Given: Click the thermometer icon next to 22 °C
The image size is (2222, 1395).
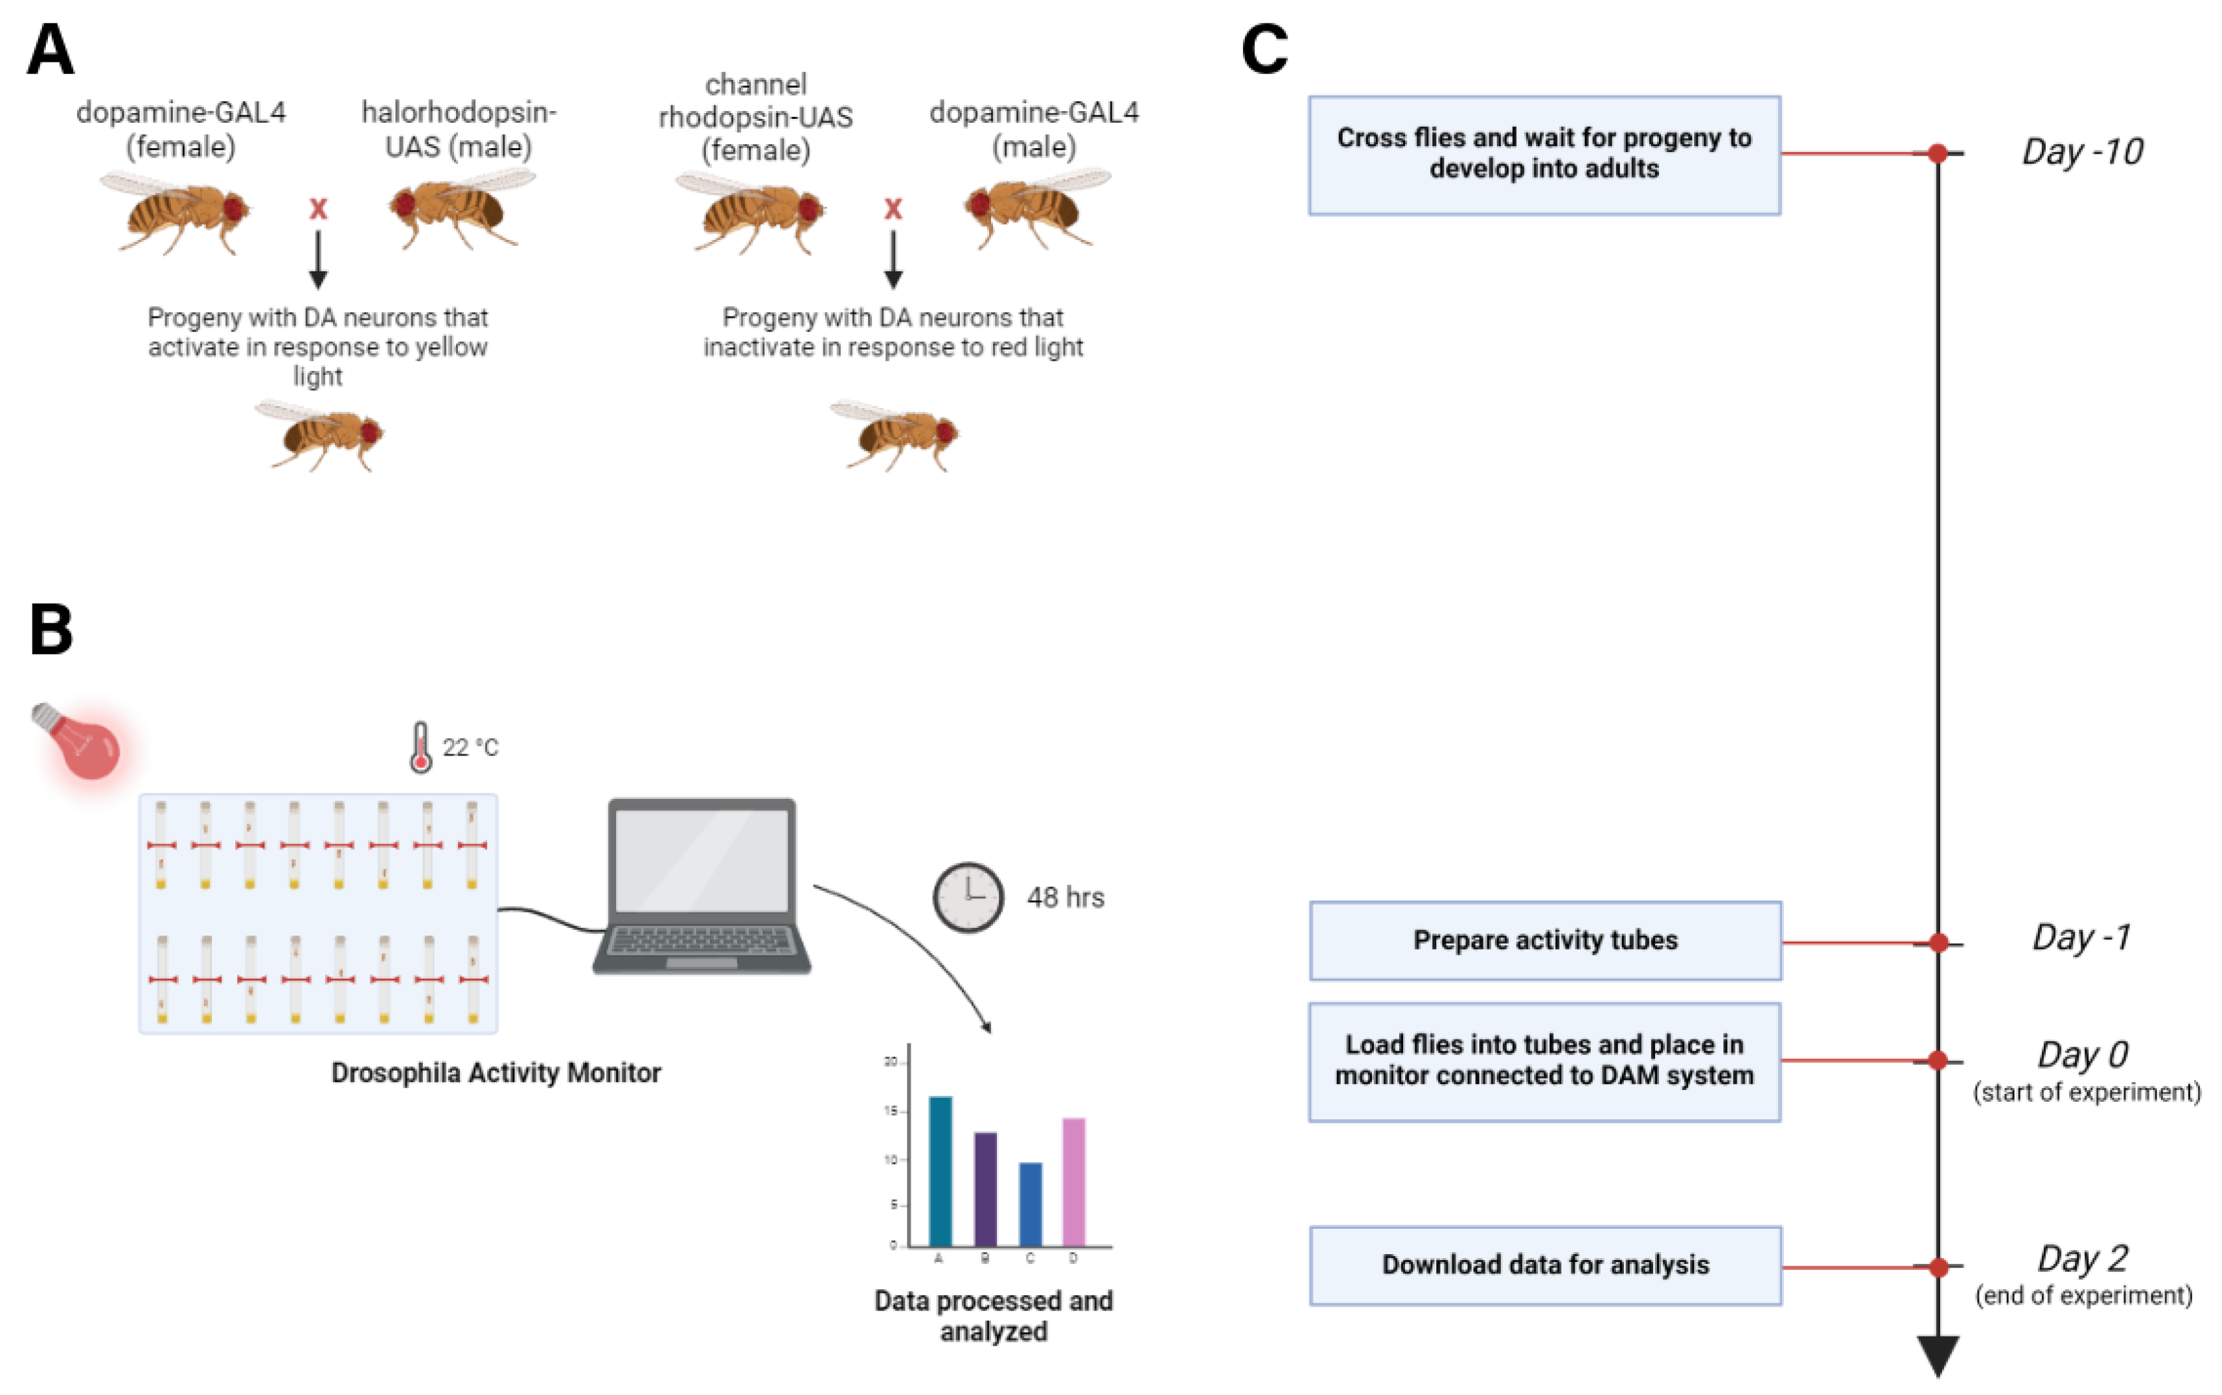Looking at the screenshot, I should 421,747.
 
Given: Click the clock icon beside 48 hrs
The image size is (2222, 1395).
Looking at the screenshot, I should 968,897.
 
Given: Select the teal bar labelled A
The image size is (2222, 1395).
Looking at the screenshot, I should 941,1171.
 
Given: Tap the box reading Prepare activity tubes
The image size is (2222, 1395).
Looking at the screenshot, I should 1545,940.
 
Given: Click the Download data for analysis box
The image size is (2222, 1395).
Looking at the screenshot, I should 1545,1265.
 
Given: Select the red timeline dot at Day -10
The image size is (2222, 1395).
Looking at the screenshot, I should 1938,153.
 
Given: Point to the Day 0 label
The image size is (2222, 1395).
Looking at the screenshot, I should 2082,1055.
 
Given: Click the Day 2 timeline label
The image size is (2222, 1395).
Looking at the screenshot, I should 2082,1259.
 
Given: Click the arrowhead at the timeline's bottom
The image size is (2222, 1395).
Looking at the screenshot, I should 1938,1355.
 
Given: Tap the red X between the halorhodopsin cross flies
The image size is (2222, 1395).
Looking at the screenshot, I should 318,209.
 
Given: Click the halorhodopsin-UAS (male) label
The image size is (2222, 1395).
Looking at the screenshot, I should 459,129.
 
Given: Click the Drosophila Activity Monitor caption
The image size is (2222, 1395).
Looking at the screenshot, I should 496,1073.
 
